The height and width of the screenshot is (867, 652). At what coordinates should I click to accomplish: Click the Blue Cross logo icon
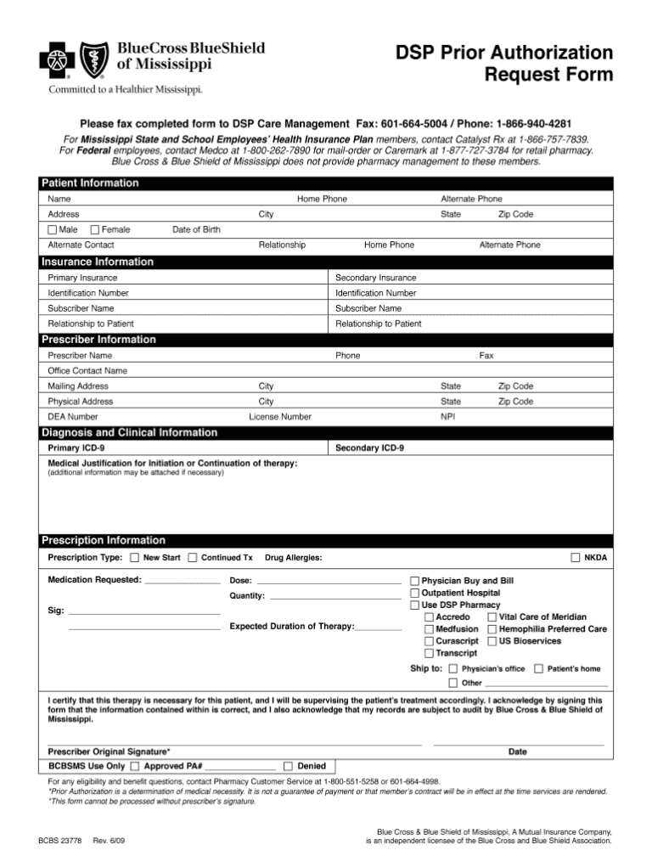[58, 61]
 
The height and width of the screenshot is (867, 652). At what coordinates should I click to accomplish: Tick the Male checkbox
[53, 229]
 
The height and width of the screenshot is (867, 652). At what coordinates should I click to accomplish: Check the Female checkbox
[94, 229]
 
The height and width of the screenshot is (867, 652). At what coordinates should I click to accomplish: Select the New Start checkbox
[134, 558]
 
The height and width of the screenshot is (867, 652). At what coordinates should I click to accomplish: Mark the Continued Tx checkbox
[193, 558]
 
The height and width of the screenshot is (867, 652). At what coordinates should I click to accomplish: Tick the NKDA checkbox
[576, 558]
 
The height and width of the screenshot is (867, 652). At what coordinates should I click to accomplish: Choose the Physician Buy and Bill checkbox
[415, 581]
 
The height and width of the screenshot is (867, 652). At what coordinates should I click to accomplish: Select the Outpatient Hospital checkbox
[415, 593]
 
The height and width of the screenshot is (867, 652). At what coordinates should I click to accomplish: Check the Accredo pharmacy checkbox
[429, 616]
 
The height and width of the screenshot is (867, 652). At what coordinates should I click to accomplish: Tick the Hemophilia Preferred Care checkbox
[492, 629]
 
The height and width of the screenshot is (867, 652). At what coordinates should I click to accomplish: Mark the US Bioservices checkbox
[492, 641]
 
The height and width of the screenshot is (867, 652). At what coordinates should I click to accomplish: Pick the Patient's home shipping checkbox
[539, 669]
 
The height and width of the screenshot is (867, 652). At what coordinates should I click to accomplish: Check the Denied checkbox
[289, 765]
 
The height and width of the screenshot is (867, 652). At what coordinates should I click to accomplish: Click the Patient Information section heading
[91, 183]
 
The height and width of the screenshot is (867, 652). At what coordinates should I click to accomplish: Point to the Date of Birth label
[196, 229]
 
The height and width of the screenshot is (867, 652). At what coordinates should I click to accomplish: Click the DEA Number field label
[73, 417]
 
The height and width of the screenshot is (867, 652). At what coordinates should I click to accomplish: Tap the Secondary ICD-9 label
[369, 448]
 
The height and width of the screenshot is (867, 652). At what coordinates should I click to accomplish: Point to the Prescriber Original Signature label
[109, 752]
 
